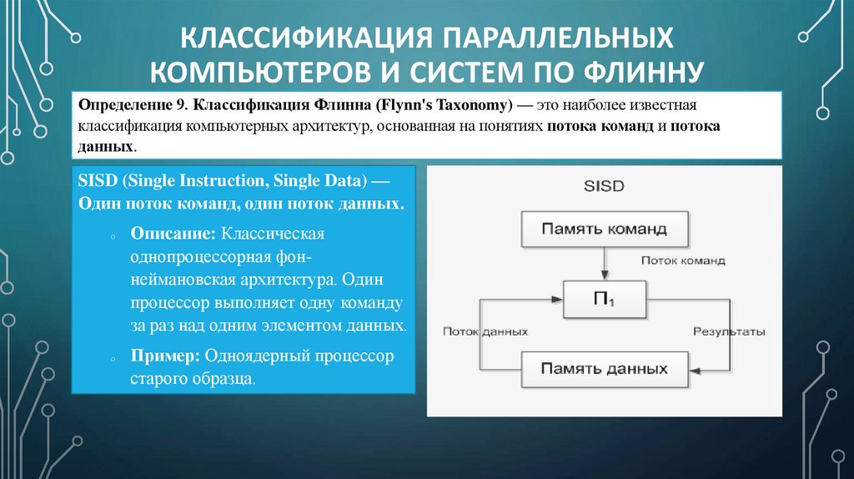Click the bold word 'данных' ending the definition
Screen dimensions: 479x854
click(105, 145)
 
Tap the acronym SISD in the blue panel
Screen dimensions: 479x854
click(96, 181)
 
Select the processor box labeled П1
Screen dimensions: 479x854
click(604, 299)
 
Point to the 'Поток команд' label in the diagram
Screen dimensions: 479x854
click(682, 260)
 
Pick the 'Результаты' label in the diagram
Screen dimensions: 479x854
click(729, 331)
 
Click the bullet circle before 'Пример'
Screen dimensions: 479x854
click(112, 359)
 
